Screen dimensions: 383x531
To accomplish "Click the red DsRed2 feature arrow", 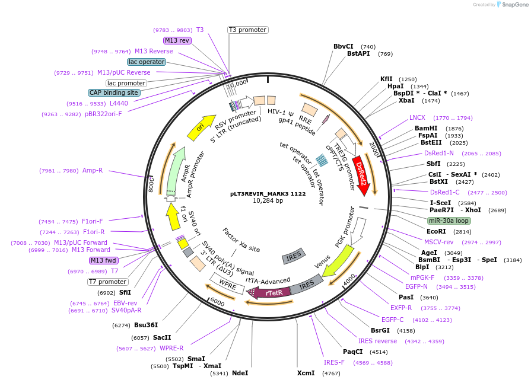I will click(x=361, y=173).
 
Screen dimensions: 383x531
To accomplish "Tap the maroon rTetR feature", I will click(x=272, y=292).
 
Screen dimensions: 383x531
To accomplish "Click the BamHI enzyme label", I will click(x=426, y=128).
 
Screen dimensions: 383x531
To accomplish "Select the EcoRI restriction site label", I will click(x=436, y=231).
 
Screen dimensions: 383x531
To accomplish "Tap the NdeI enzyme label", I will click(x=240, y=373).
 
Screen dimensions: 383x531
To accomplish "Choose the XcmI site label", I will click(x=306, y=374).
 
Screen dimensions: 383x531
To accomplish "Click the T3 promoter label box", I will click(x=247, y=30).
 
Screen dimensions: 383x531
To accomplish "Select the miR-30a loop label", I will click(x=449, y=221).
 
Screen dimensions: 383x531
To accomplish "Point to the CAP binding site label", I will click(x=114, y=92).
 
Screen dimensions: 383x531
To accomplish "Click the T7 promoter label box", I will click(x=107, y=282).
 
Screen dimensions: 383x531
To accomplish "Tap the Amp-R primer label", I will click(x=93, y=171).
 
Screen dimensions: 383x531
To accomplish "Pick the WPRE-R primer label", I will click(x=171, y=348).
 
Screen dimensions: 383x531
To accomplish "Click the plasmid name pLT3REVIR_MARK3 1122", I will click(x=268, y=193).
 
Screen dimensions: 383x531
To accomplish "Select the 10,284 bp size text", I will click(x=268, y=201).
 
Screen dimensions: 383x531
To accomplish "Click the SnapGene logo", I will click(x=511, y=5).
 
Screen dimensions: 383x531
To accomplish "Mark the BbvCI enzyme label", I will click(x=343, y=46).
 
